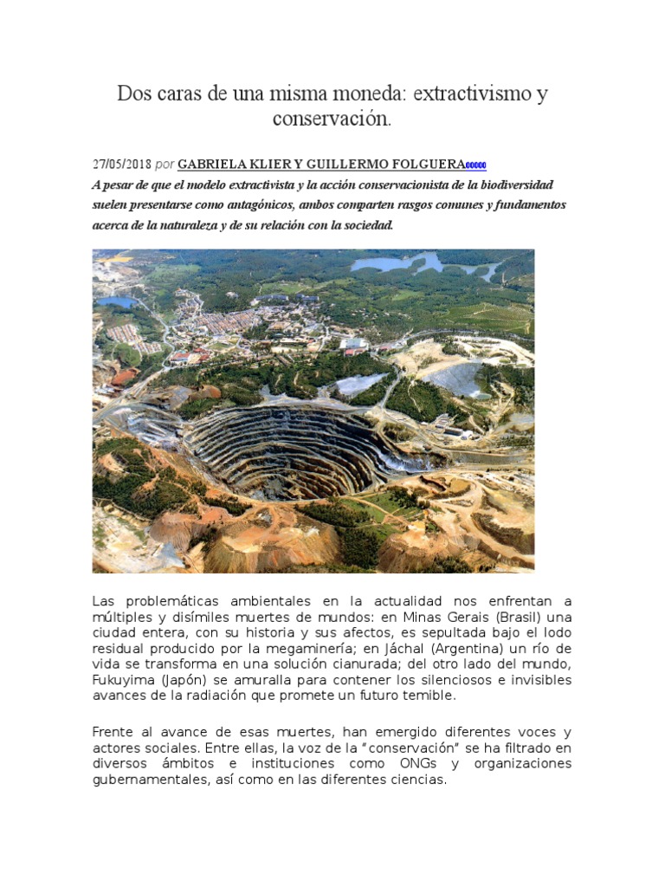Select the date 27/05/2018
[x=121, y=165]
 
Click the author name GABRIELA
[x=216, y=165]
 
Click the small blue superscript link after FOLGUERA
[x=476, y=165]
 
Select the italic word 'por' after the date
[x=165, y=165]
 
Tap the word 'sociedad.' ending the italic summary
[x=369, y=225]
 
